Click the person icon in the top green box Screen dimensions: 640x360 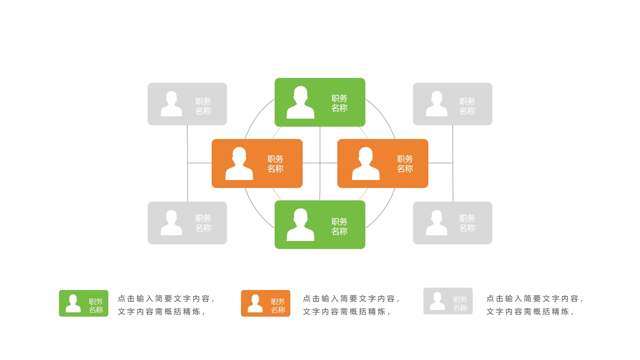[300, 102]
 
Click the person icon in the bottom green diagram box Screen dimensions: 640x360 [300, 225]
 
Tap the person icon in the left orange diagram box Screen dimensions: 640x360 [239, 164]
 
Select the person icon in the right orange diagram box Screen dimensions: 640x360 [366, 164]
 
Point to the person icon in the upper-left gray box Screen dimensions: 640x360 [171, 104]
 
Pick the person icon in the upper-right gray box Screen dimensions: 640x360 [437, 104]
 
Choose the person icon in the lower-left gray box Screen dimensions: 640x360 [171, 223]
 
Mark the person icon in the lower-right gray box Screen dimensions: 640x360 [437, 223]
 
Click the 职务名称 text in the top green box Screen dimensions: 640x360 [339, 103]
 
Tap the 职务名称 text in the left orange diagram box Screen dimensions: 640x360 [275, 164]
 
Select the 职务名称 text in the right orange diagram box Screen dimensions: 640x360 [405, 164]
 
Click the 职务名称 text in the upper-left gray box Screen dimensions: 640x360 [203, 106]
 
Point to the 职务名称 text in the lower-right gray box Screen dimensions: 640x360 [467, 223]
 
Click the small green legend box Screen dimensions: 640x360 [84, 303]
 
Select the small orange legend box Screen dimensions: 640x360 [266, 303]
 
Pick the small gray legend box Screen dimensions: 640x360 [448, 301]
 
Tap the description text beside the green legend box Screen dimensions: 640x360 [166, 305]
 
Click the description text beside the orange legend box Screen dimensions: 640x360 [351, 305]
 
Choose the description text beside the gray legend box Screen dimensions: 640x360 [535, 305]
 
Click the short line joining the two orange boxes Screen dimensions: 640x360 [320, 163]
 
